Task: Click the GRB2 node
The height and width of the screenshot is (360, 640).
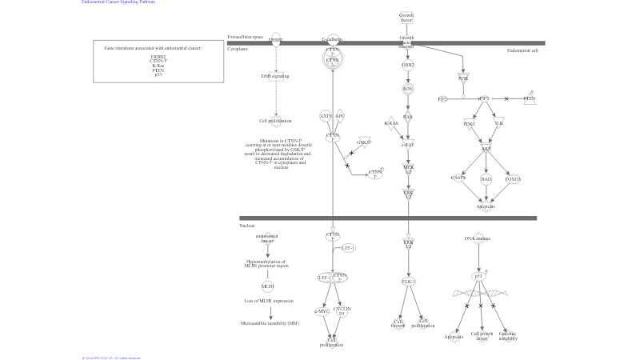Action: pos(408,65)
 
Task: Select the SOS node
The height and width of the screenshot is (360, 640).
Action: pos(408,89)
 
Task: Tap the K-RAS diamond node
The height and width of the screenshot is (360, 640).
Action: pos(391,123)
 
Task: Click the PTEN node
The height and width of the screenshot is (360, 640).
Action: pos(530,98)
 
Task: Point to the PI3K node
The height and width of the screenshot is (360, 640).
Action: pos(463,78)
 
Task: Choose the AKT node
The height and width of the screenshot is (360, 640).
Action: pos(486,149)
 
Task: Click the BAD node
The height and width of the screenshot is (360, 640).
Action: pos(486,179)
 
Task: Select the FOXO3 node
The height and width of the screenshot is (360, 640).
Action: pos(513,179)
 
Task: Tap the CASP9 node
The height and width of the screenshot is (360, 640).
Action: pos(458,178)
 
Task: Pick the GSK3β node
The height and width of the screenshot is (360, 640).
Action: pos(364,142)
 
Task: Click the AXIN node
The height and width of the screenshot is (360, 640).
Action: pos(326,116)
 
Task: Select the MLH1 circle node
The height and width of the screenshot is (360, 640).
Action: pos(268,286)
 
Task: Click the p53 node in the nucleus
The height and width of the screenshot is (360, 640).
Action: pos(479,276)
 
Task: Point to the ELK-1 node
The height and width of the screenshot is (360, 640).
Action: pos(408,282)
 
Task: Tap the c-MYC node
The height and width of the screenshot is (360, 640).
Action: pos(322,310)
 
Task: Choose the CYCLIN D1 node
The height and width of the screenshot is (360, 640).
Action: pos(342,310)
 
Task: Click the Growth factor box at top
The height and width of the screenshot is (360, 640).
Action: pos(406,17)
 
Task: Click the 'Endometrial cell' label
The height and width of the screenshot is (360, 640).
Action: pos(522,50)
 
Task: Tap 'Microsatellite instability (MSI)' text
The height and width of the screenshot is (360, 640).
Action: pos(270,323)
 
